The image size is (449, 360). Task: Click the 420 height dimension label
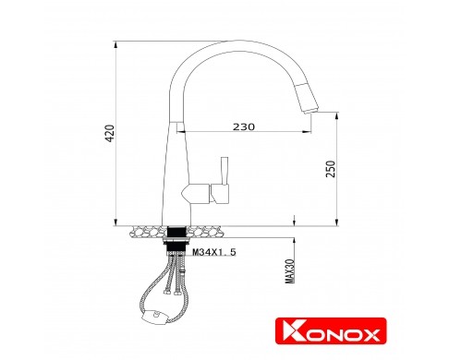110,133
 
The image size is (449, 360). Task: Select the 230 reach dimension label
244,126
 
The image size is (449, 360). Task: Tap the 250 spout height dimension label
331,169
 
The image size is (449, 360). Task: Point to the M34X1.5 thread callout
214,252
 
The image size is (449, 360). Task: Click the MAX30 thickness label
290,271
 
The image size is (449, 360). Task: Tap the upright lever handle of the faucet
224,171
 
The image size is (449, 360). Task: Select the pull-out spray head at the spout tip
308,99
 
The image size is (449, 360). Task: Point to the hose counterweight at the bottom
154,317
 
